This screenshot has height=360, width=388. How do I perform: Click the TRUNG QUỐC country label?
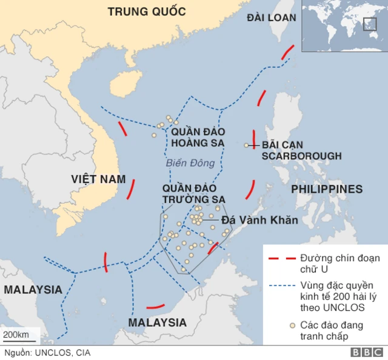(146, 11)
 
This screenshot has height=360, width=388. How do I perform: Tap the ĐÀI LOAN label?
(271, 18)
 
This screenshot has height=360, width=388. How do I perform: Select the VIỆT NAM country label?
(98, 179)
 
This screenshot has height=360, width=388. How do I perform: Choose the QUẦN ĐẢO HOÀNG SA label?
(197, 137)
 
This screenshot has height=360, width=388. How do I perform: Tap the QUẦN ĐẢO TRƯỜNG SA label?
(193, 193)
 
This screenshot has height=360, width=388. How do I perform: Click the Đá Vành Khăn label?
(259, 220)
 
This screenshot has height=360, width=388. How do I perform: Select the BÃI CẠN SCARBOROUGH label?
(301, 150)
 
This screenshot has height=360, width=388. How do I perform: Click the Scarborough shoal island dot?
(246, 145)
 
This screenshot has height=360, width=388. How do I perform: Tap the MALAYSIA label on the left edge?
(33, 290)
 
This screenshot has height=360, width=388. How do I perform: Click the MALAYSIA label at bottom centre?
(157, 322)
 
